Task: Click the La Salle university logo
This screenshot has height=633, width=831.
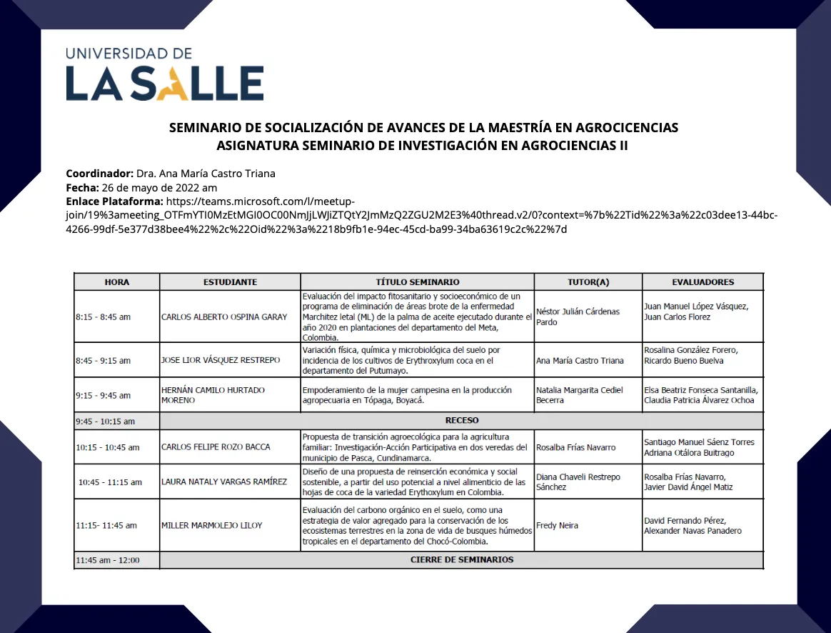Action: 165,74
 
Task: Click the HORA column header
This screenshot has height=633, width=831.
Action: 117,282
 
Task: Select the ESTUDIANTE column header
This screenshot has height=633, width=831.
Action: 230,282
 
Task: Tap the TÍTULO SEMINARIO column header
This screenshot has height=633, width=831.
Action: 418,282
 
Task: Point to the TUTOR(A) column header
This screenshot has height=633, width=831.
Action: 588,282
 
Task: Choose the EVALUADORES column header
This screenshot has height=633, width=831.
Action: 702,282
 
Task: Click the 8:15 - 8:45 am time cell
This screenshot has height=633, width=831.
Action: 103,316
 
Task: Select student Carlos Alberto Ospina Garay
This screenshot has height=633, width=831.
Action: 224,316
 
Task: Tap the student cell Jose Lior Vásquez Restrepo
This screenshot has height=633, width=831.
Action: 221,360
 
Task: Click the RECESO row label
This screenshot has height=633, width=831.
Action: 461,420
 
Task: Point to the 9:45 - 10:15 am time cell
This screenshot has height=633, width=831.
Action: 105,422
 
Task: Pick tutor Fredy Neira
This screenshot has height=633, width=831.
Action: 557,526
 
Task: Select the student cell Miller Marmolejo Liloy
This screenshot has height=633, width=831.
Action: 212,526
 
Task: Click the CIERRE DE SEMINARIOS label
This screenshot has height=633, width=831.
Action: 461,560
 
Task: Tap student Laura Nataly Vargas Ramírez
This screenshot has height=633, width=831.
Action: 224,482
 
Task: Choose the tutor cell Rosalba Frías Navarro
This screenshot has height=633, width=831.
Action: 575,447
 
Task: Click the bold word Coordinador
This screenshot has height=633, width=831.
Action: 99,174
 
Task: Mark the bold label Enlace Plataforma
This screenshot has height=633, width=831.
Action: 114,202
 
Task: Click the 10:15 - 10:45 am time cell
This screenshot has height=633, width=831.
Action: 107,447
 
